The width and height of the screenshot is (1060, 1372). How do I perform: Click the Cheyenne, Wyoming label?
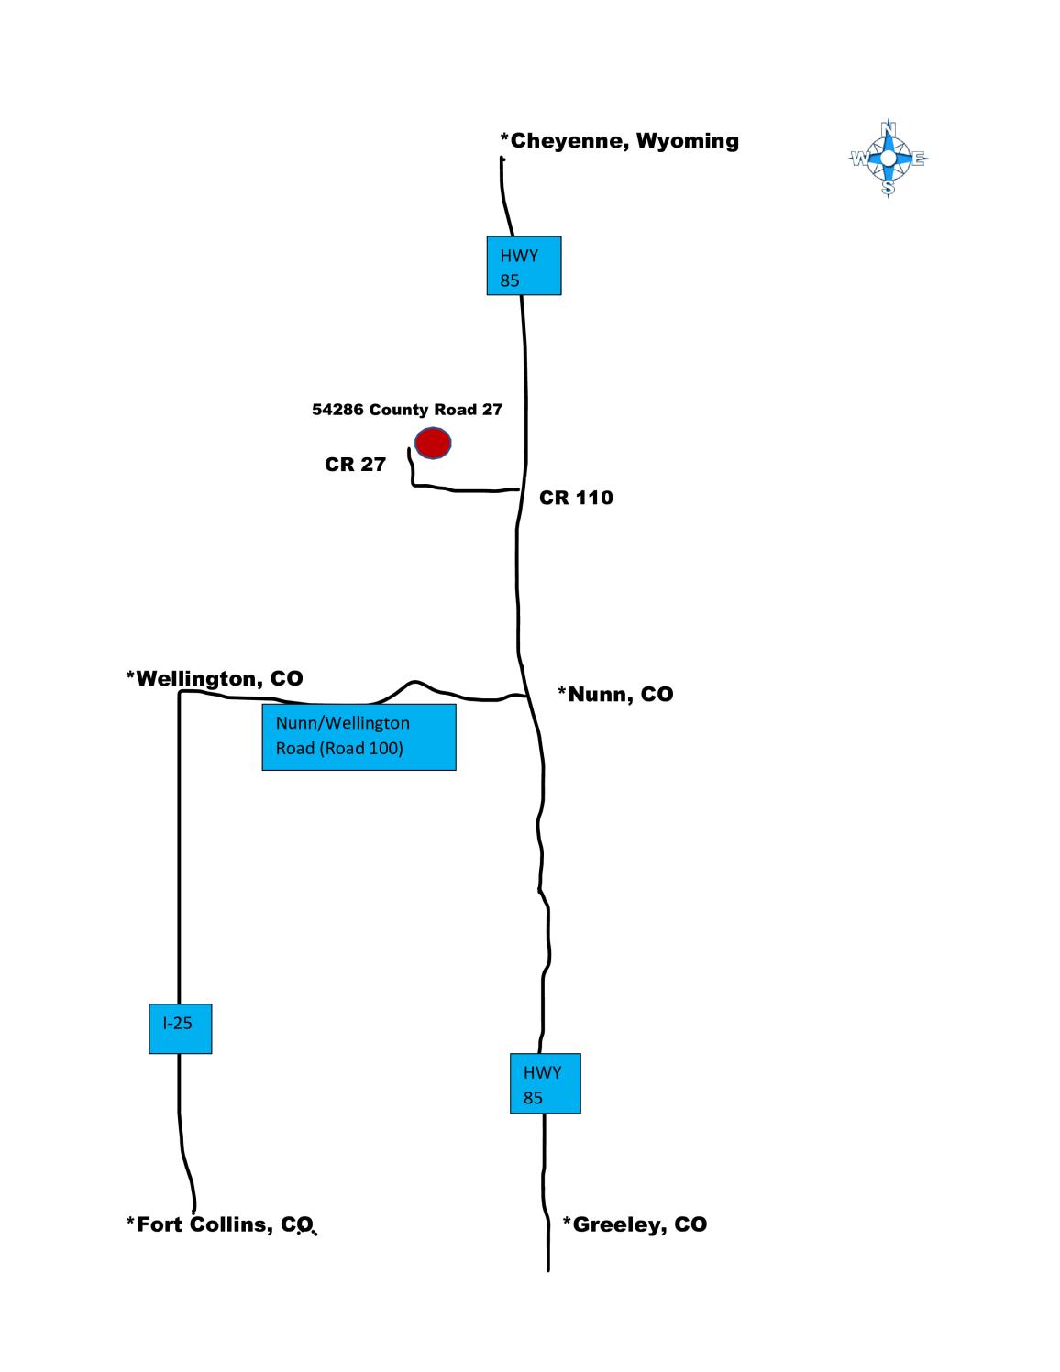pos(619,140)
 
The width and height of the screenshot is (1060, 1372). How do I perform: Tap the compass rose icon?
pos(888,159)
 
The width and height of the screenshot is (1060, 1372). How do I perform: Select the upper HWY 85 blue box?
pos(524,266)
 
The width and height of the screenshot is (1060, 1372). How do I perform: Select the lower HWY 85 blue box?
pos(545,1083)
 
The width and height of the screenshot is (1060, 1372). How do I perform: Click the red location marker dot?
pos(433,443)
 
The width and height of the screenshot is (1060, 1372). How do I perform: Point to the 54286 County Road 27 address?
pos(407,410)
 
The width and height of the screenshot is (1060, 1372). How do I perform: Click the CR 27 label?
pos(355,465)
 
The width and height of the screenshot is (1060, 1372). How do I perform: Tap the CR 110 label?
pos(576,498)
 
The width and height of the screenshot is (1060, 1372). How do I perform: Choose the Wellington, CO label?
pos(215,678)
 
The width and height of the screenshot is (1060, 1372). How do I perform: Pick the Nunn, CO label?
pos(616,694)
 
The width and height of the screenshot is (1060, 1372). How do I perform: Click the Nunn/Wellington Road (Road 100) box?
pos(359,736)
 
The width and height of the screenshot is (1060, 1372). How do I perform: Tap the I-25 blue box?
pos(180,1027)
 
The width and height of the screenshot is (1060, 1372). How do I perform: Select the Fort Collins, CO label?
pos(220,1224)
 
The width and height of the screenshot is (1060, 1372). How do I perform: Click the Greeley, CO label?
pos(635,1224)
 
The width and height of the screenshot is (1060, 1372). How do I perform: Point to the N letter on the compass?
pos(888,126)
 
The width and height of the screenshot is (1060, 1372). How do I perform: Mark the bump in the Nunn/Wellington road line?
pos(414,683)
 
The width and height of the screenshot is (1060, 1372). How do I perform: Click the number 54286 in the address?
pos(337,410)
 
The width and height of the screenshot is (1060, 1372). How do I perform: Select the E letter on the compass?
pos(918,159)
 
